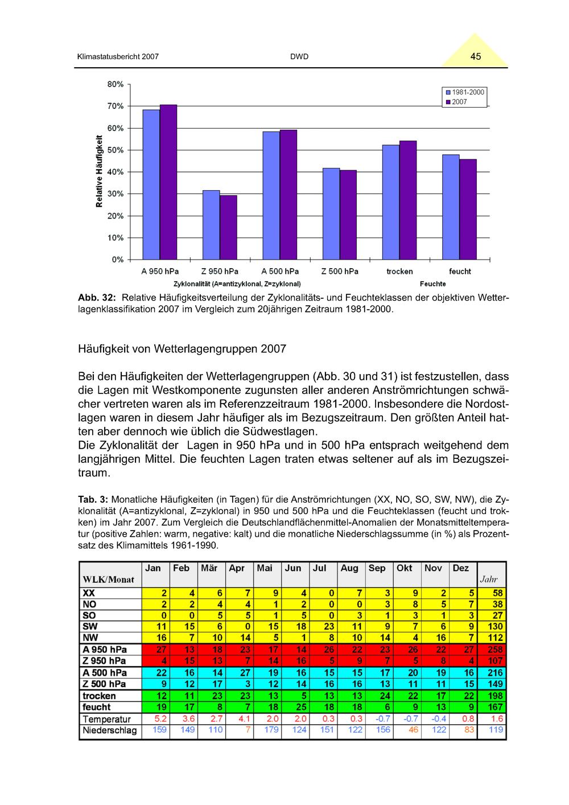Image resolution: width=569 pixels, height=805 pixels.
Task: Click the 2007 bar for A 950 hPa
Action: (x=168, y=182)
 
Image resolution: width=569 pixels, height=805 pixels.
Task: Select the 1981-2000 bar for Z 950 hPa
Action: (x=211, y=225)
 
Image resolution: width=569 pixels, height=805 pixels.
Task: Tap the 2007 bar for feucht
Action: (x=468, y=210)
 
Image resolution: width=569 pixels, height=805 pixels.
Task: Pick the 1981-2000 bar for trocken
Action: (x=391, y=202)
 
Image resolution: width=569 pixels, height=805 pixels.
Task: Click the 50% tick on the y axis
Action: (x=116, y=150)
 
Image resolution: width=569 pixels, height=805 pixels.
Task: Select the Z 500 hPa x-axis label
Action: (x=340, y=272)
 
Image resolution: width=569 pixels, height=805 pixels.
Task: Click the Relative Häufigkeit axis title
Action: (x=100, y=171)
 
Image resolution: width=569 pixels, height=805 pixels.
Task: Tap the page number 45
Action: (x=476, y=56)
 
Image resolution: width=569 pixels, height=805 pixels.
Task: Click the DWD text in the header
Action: (x=299, y=57)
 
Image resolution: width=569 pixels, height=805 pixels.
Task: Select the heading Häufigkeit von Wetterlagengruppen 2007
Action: (x=182, y=348)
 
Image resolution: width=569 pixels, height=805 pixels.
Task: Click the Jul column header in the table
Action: (x=320, y=568)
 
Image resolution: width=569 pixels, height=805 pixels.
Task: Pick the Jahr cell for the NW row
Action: (x=493, y=638)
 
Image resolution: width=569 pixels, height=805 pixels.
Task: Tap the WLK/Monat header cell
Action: (x=109, y=580)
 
